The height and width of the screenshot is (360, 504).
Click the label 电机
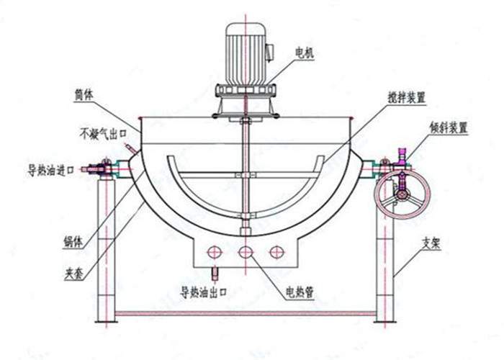click(304, 53)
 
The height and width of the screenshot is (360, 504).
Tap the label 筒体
click(84, 95)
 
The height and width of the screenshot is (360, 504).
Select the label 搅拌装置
click(407, 97)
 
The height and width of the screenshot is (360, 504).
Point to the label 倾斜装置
click(448, 128)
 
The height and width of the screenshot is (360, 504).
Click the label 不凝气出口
click(103, 133)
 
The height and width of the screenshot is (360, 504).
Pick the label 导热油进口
click(50, 170)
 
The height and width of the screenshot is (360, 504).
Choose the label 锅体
click(73, 242)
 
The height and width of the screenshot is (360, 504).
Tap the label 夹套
click(74, 274)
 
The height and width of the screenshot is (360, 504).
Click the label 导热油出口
click(204, 292)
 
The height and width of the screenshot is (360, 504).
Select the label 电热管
click(300, 292)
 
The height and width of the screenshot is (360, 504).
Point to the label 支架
click(431, 244)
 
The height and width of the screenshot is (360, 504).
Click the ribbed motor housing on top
click(246, 54)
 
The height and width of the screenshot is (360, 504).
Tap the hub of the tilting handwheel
click(401, 194)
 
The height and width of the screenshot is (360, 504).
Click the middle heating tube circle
click(246, 252)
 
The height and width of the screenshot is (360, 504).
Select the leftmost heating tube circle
click(215, 252)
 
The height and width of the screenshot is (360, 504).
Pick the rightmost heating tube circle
click(276, 252)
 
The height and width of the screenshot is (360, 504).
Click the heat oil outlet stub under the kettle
click(215, 273)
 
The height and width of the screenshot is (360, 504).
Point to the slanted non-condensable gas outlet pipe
click(132, 149)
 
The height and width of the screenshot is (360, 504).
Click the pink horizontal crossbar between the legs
click(245, 313)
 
